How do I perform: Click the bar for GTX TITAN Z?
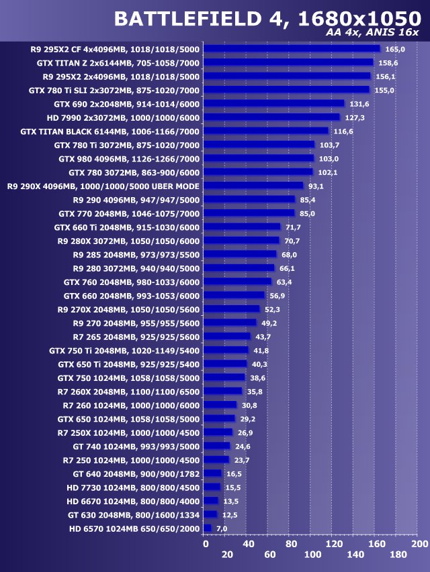(288, 62)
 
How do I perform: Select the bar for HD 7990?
(272, 117)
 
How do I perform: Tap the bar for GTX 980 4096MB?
(259, 158)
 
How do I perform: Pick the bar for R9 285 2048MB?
(240, 254)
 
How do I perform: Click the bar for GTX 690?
(274, 103)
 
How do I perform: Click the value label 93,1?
(316, 186)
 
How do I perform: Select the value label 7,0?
(222, 529)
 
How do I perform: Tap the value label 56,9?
(278, 296)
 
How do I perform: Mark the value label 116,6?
(343, 131)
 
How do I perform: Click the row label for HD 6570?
(134, 528)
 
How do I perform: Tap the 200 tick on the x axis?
(419, 544)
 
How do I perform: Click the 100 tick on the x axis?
(312, 555)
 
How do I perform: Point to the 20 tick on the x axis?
(227, 555)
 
